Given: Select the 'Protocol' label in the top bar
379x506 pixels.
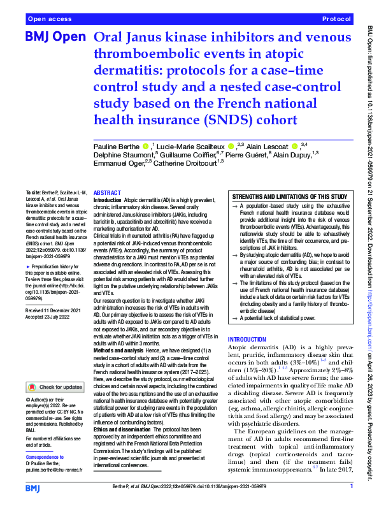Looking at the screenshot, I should pyautogui.click(x=336, y=19).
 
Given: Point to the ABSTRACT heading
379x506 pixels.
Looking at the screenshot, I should pyautogui.click(x=106, y=192).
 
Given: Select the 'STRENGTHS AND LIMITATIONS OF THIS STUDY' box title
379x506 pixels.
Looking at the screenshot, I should pyautogui.click(x=290, y=197).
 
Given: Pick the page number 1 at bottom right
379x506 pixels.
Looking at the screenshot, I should pyautogui.click(x=351, y=487).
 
